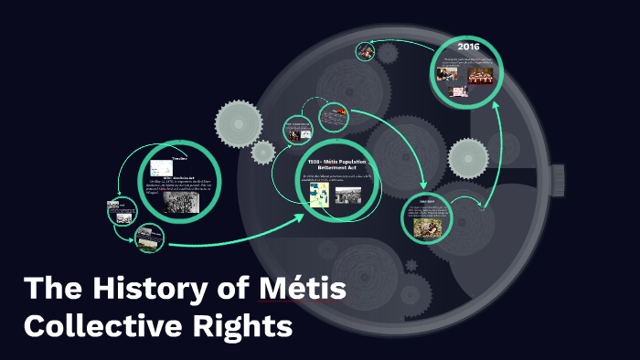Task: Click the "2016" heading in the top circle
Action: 468,47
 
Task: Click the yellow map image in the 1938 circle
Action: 320,196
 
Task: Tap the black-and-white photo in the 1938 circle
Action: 347,195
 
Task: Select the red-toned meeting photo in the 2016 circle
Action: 481,79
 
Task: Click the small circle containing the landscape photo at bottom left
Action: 147,238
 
